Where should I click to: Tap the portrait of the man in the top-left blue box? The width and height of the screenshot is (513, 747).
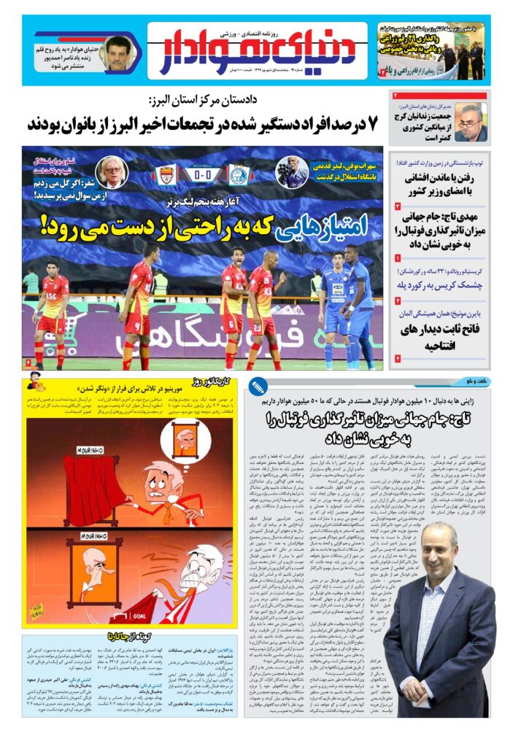pyautogui.click(x=117, y=53)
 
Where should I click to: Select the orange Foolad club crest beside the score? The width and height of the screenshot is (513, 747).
pyautogui.click(x=166, y=176)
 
